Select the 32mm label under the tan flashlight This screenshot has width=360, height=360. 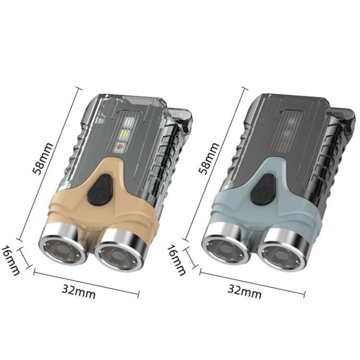pos(79,291)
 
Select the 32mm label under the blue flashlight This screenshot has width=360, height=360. pos(244,290)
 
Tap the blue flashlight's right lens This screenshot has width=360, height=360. pos(283,253)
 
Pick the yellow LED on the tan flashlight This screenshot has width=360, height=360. pos(123,135)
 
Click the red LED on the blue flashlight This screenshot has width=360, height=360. pos(285,145)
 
